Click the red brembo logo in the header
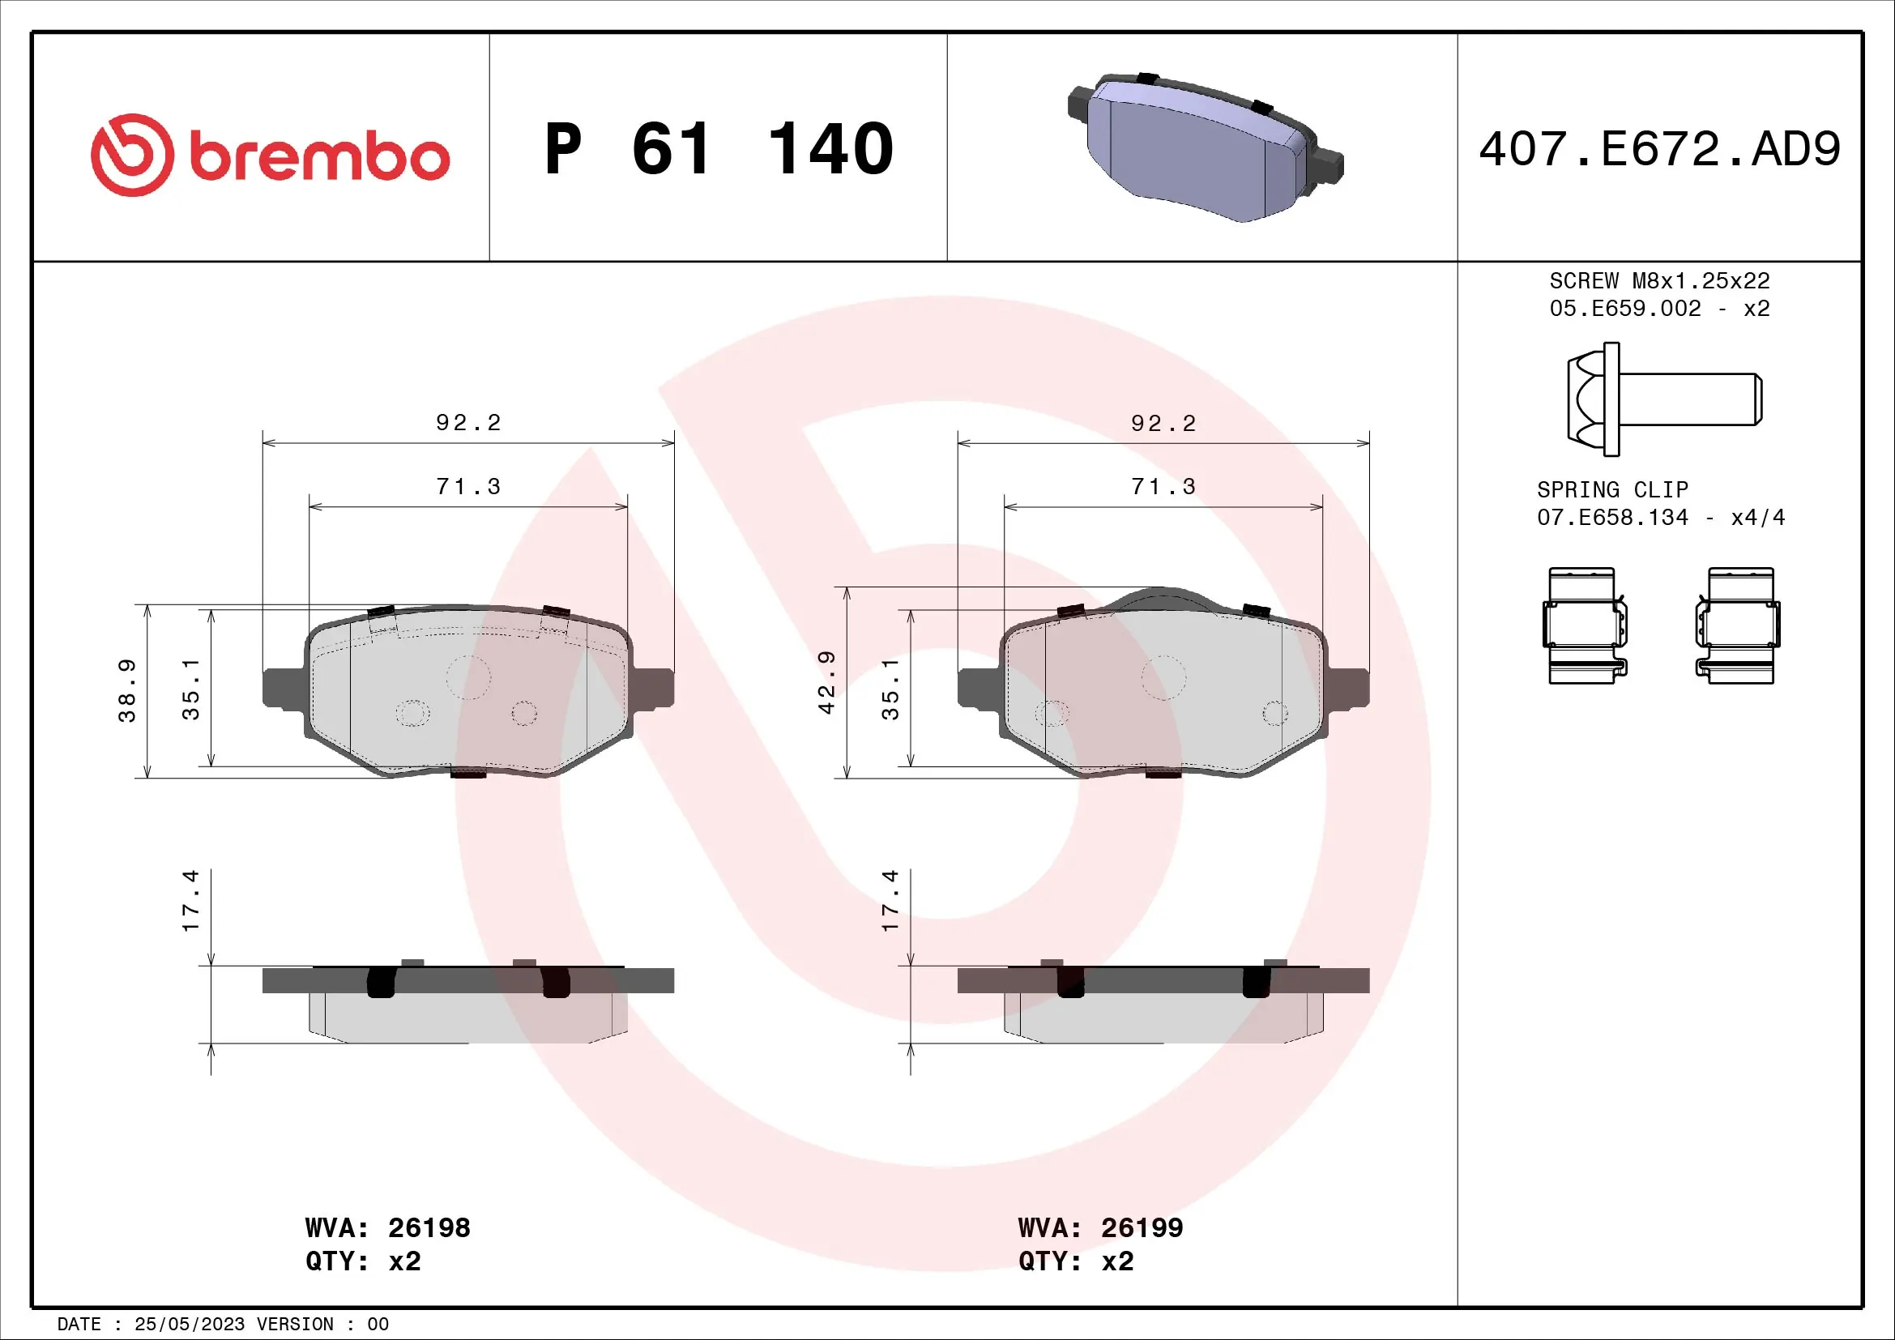point(270,155)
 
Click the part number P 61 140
point(719,149)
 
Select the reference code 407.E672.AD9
point(1659,149)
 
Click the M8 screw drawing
point(1663,399)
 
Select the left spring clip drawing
point(1585,625)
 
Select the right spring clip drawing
point(1737,625)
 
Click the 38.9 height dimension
point(126,689)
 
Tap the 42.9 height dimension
point(826,681)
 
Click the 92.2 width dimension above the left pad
point(468,422)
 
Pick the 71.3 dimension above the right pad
point(1163,487)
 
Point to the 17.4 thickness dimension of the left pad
point(190,900)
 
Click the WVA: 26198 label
point(387,1227)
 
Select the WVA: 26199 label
point(1100,1227)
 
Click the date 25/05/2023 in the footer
point(189,1325)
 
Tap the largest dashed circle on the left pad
point(468,677)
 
